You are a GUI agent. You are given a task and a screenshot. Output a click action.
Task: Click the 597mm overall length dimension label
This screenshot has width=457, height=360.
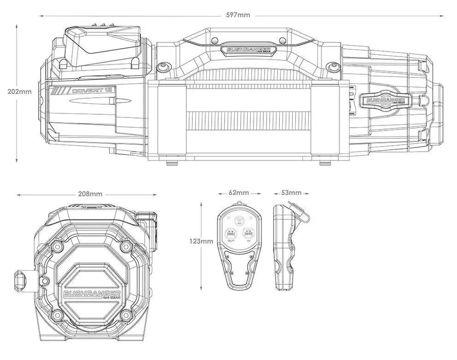(238, 15)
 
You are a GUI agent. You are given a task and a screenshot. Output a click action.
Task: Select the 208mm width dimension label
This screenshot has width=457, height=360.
(90, 194)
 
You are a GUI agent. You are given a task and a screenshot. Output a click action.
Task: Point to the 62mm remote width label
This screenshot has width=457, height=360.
(239, 192)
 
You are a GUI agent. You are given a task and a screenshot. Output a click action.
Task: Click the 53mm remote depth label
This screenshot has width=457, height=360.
(291, 192)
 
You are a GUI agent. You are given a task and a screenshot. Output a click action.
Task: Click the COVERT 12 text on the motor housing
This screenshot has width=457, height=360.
(92, 90)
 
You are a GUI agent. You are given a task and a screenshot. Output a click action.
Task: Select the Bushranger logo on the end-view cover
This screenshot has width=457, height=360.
(92, 294)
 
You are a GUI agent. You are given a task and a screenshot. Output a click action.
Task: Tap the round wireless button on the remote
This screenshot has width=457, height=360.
(239, 221)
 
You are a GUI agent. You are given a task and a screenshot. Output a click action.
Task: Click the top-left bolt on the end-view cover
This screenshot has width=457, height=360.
(58, 247)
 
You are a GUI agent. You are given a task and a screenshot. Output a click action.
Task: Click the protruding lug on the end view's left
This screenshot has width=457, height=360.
(22, 279)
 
